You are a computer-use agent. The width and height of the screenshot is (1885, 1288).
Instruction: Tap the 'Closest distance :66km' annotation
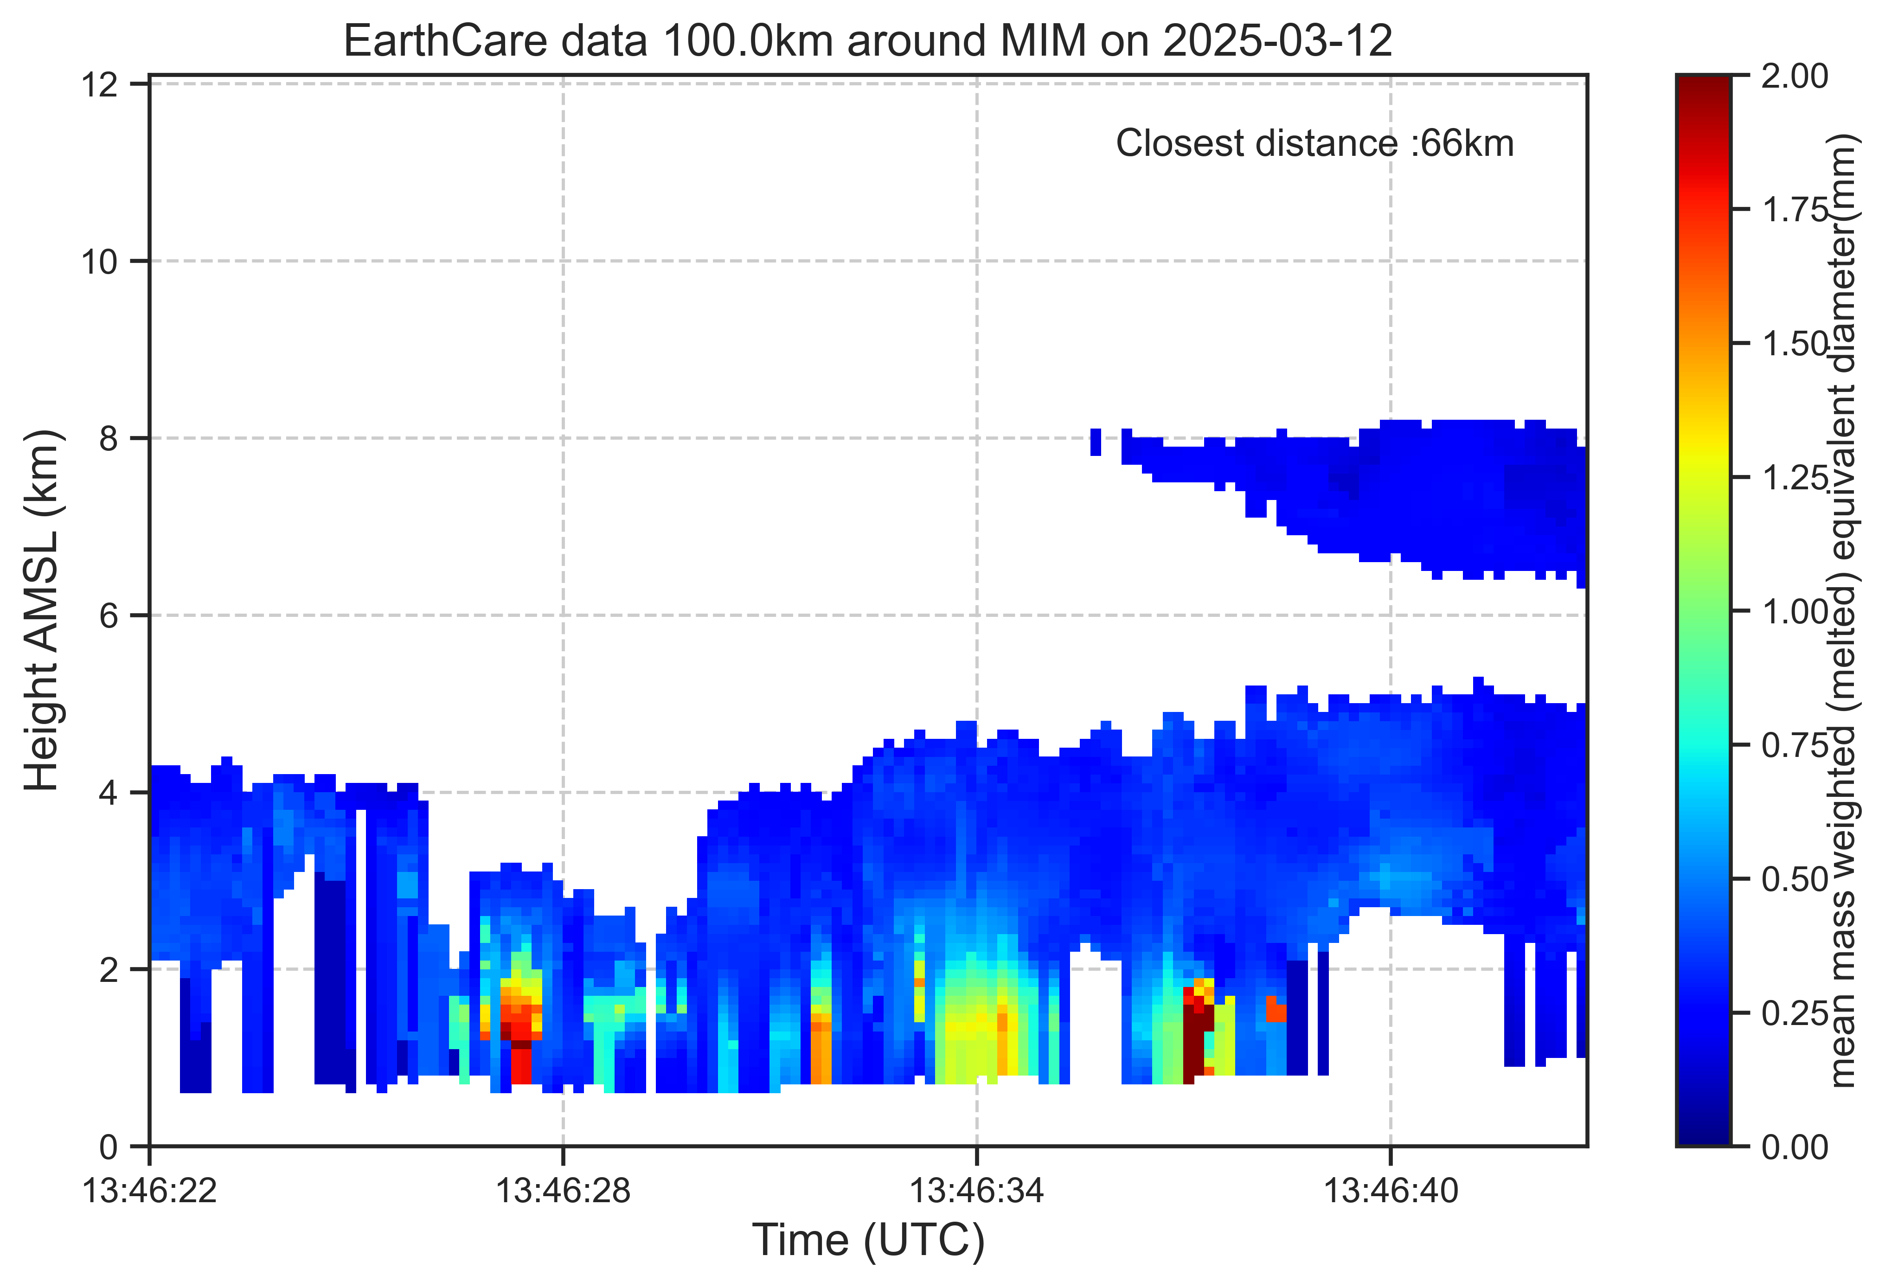pyautogui.click(x=1315, y=144)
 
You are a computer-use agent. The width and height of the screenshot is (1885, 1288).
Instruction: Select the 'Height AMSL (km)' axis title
pyautogui.click(x=42, y=610)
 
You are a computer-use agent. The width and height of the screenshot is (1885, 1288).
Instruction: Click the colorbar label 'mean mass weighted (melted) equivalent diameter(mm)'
pyautogui.click(x=1843, y=610)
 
